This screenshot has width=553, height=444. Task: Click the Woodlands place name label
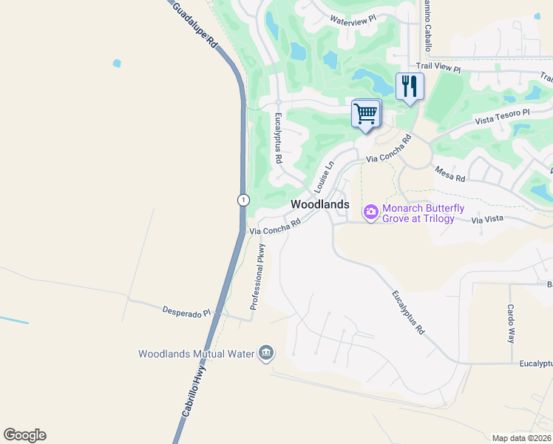(319, 203)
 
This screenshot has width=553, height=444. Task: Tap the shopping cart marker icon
(365, 114)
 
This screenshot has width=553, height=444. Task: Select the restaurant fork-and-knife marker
(410, 87)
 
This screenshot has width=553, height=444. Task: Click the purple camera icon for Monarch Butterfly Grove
(371, 213)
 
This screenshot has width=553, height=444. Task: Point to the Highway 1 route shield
(243, 200)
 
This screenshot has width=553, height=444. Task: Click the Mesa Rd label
(449, 174)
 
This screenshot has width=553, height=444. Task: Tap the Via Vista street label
(486, 220)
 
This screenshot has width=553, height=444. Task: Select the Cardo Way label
(510, 323)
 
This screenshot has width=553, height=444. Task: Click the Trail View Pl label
(438, 69)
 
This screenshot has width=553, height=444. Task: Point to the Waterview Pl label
(353, 20)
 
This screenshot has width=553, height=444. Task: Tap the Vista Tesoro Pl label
(503, 116)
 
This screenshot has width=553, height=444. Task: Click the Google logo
(24, 434)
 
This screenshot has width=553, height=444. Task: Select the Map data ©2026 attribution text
(520, 438)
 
